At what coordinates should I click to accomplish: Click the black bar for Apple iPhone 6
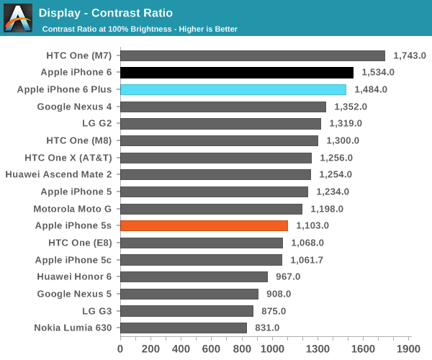pos(237,72)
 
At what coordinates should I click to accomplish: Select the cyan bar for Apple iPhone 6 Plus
pos(233,89)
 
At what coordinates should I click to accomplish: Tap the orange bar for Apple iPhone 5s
pos(204,225)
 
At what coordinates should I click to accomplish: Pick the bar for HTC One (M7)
pos(253,55)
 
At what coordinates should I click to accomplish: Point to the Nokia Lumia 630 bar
pos(184,328)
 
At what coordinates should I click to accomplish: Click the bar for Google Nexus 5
pos(189,294)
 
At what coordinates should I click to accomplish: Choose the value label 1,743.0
pos(410,55)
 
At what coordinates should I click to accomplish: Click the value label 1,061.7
pos(307,260)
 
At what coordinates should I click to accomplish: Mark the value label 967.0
pos(287,276)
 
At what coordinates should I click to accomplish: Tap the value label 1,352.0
pos(350,107)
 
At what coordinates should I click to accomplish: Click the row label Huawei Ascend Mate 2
pos(58,174)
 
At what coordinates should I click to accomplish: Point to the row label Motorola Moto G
pos(73,209)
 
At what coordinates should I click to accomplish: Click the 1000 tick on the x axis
pos(273,348)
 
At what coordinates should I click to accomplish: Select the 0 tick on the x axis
pos(120,348)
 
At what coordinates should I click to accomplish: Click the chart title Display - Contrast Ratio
pos(105,13)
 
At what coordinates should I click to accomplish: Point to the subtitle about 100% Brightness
pos(140,29)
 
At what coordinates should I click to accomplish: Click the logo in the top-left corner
pos(18,18)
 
